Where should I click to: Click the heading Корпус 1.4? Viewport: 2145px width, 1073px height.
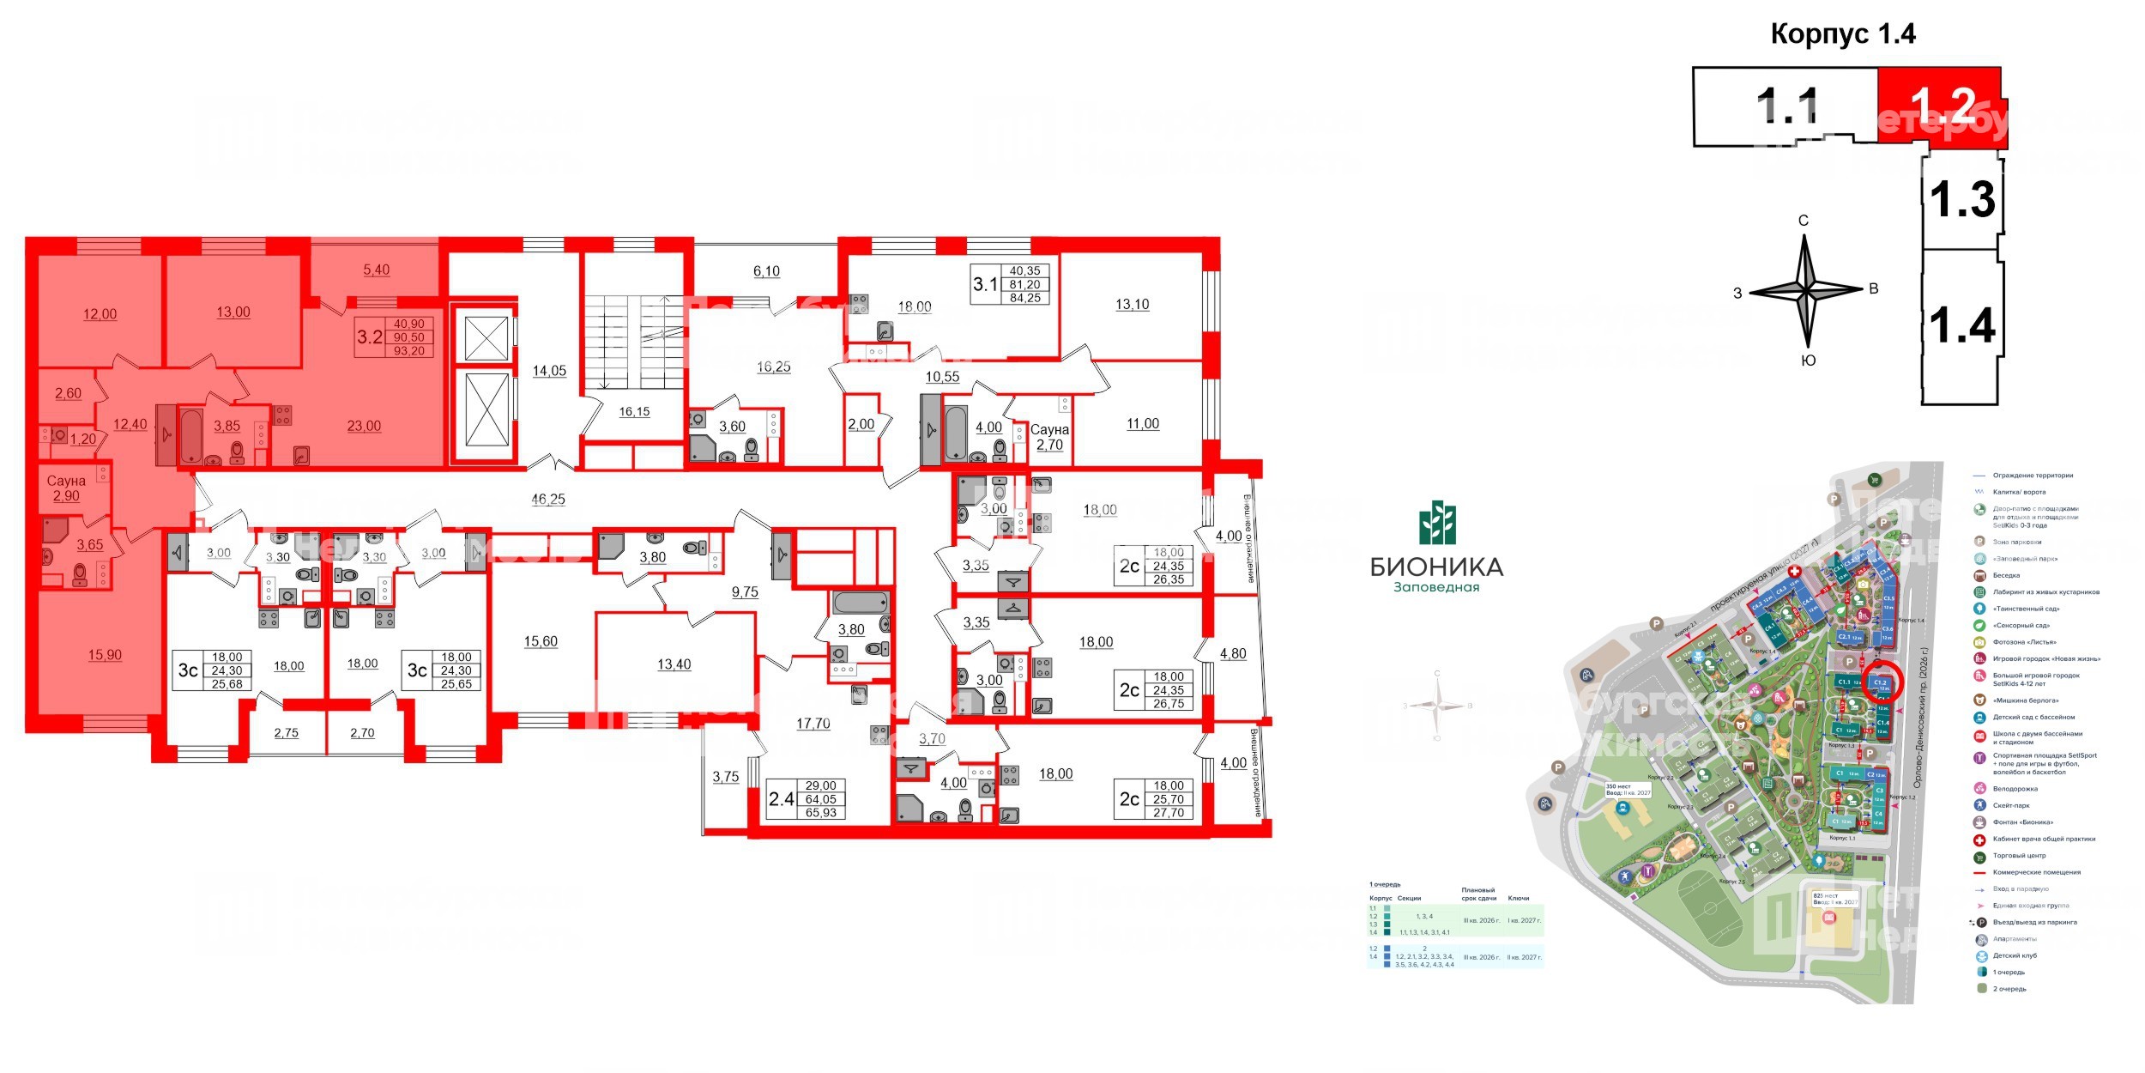1843,34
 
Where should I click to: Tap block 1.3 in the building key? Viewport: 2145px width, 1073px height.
1962,199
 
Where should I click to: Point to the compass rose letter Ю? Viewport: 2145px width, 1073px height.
1808,361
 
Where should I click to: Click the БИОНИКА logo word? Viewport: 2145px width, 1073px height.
1436,567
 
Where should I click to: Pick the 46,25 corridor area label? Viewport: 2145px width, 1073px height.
548,499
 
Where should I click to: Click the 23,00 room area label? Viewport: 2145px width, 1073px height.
364,426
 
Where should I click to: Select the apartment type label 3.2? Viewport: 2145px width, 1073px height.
369,336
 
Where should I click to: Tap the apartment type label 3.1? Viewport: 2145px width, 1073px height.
985,283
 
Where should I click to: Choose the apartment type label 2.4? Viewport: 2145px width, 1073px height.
781,799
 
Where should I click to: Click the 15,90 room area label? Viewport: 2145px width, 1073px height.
105,655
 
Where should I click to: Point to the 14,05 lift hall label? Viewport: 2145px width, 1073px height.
549,371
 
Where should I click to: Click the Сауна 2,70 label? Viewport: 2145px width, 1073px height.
1049,437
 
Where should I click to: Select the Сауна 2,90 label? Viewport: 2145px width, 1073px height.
66,488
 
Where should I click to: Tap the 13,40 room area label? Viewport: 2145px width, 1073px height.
674,664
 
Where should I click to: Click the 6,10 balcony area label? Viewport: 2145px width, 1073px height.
766,271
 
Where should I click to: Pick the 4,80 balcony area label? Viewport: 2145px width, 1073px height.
1233,653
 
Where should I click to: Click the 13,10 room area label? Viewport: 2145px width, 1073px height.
1132,305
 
